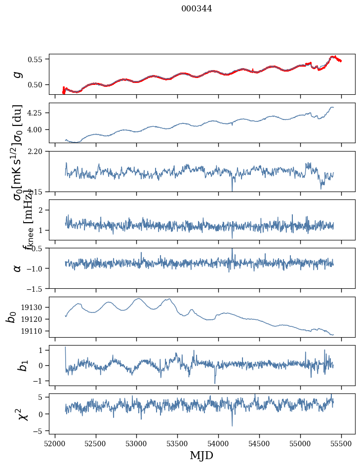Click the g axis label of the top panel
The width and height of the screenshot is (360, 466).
[18, 74]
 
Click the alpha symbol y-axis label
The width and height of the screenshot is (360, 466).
[18, 268]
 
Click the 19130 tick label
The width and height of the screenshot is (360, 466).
[34, 307]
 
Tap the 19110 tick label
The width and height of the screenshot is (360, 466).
[34, 331]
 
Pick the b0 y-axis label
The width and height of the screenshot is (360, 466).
[11, 316]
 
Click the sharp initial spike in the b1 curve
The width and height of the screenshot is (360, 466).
[66, 348]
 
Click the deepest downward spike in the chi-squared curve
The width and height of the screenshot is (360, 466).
[232, 426]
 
